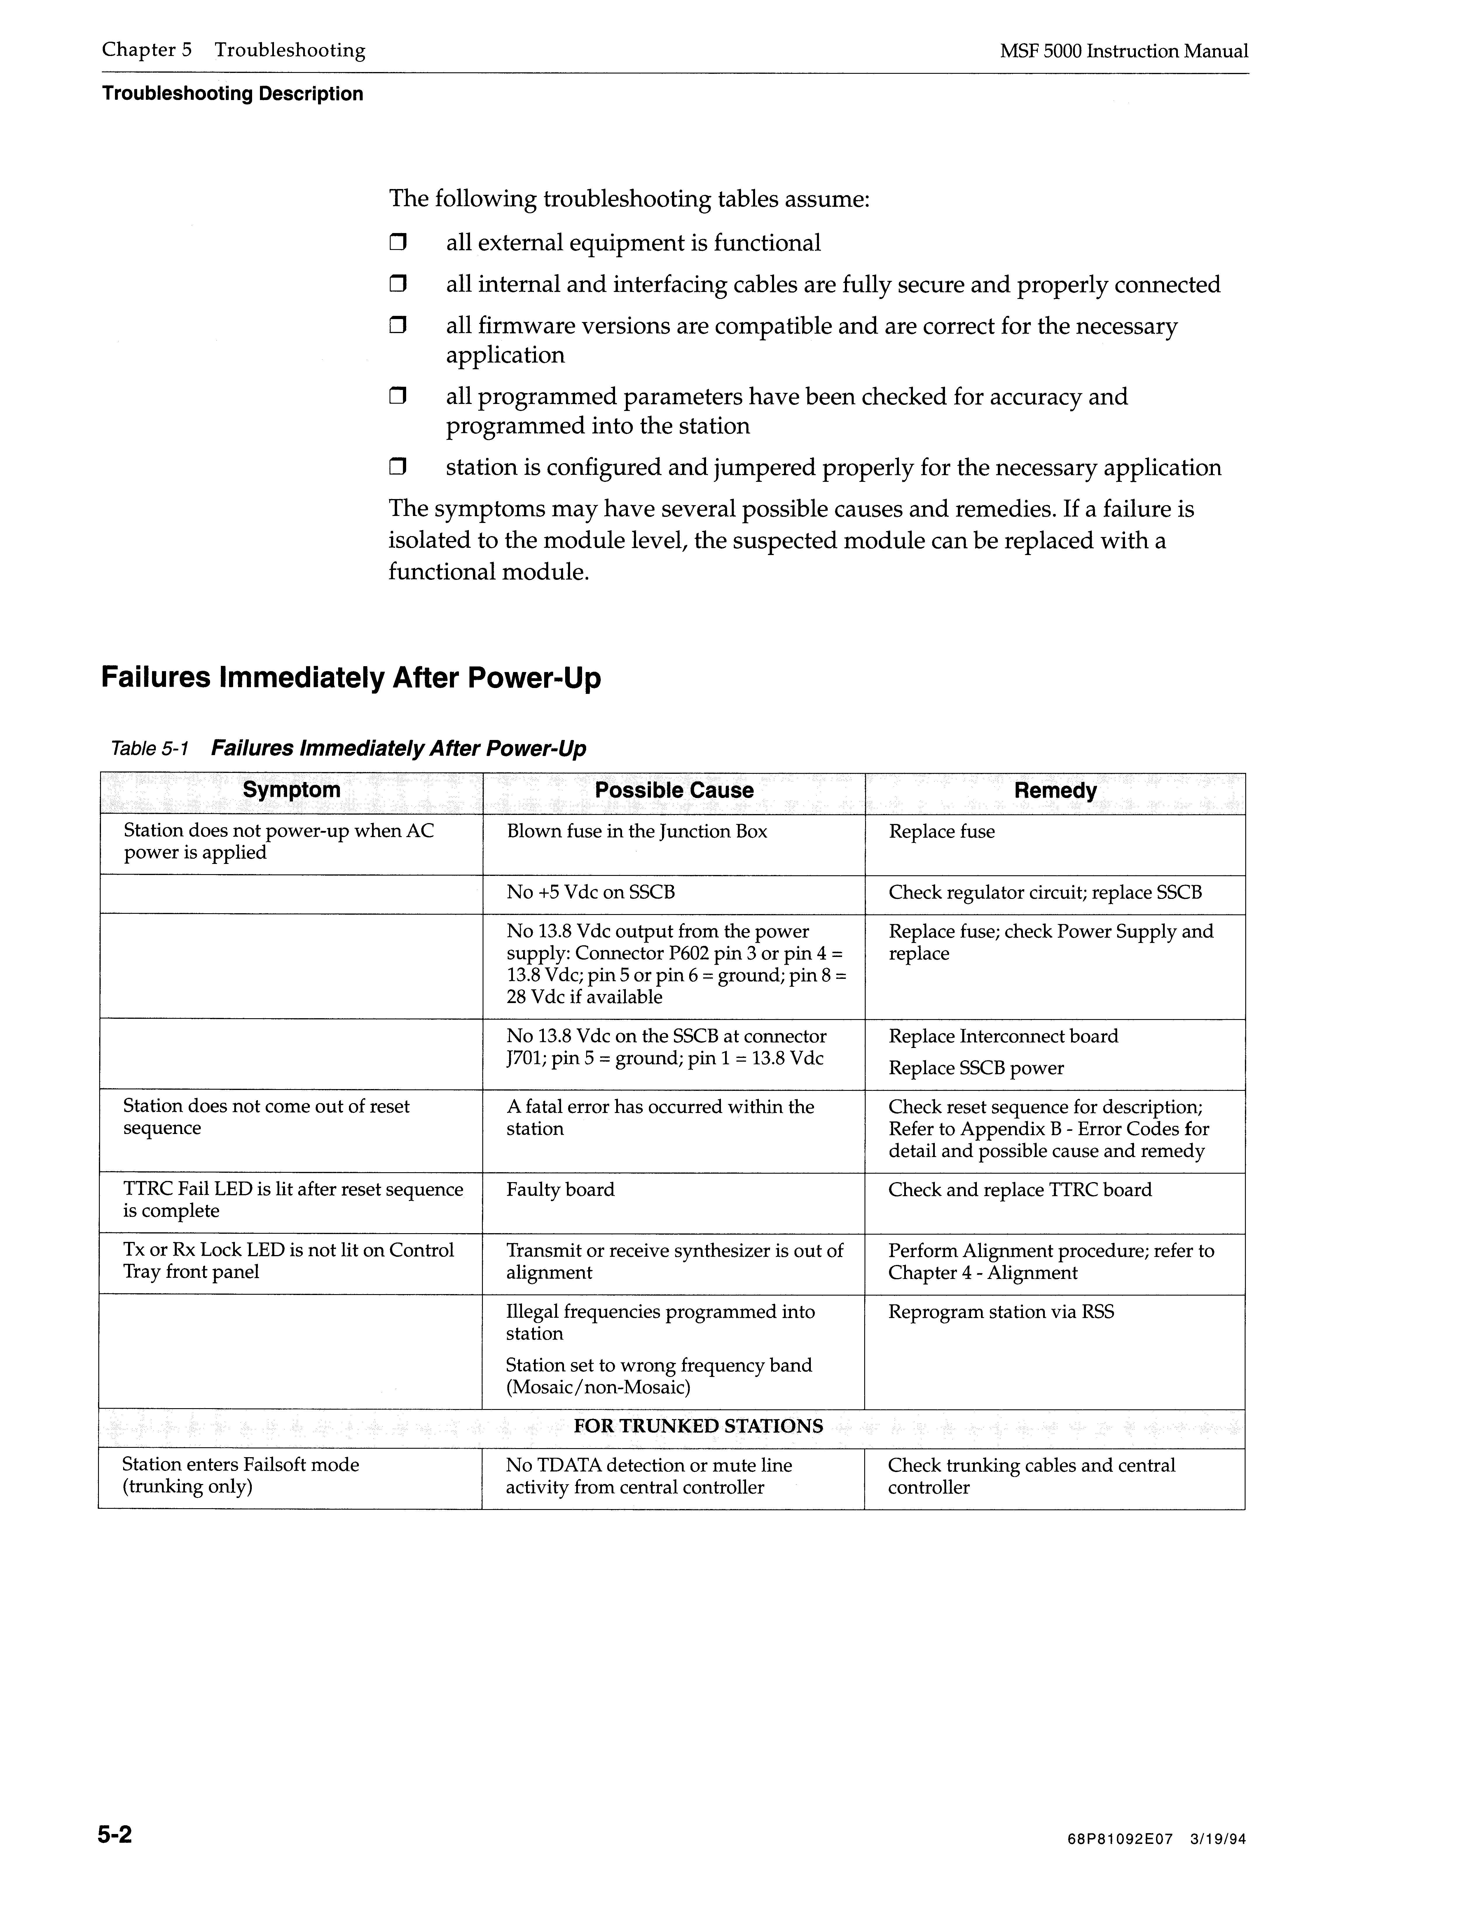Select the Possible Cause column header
(x=674, y=790)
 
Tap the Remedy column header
(x=1055, y=790)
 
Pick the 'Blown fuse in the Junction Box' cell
(x=636, y=832)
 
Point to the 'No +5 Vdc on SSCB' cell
(x=591, y=892)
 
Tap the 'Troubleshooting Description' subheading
(x=233, y=94)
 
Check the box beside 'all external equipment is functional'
(x=399, y=243)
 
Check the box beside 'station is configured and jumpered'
(x=399, y=468)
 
